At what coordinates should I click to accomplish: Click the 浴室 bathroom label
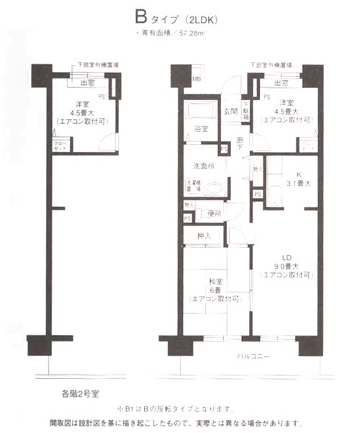click(x=201, y=129)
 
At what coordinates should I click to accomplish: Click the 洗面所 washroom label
click(x=202, y=166)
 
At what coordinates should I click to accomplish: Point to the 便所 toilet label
click(x=213, y=213)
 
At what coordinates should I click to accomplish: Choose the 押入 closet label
click(x=204, y=236)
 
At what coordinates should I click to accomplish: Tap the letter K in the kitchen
click(x=297, y=175)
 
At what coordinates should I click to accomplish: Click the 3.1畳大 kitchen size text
click(x=296, y=185)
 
